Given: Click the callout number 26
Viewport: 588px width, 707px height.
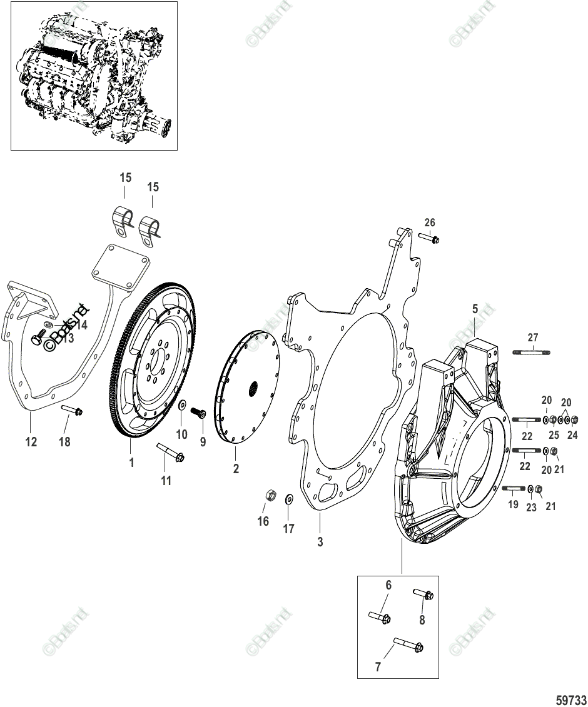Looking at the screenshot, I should click(x=429, y=223).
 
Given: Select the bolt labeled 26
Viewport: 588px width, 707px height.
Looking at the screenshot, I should click(x=430, y=239).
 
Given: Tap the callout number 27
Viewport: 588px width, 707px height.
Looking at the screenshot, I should click(x=532, y=337).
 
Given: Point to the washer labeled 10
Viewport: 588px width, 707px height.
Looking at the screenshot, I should click(x=181, y=407).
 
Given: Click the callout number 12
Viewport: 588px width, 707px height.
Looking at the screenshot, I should click(x=31, y=442).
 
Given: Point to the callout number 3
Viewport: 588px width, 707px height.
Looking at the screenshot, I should click(x=320, y=542).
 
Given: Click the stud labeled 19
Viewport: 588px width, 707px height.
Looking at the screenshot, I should click(x=513, y=489).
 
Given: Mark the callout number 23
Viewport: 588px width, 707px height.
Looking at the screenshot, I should click(x=531, y=508).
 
